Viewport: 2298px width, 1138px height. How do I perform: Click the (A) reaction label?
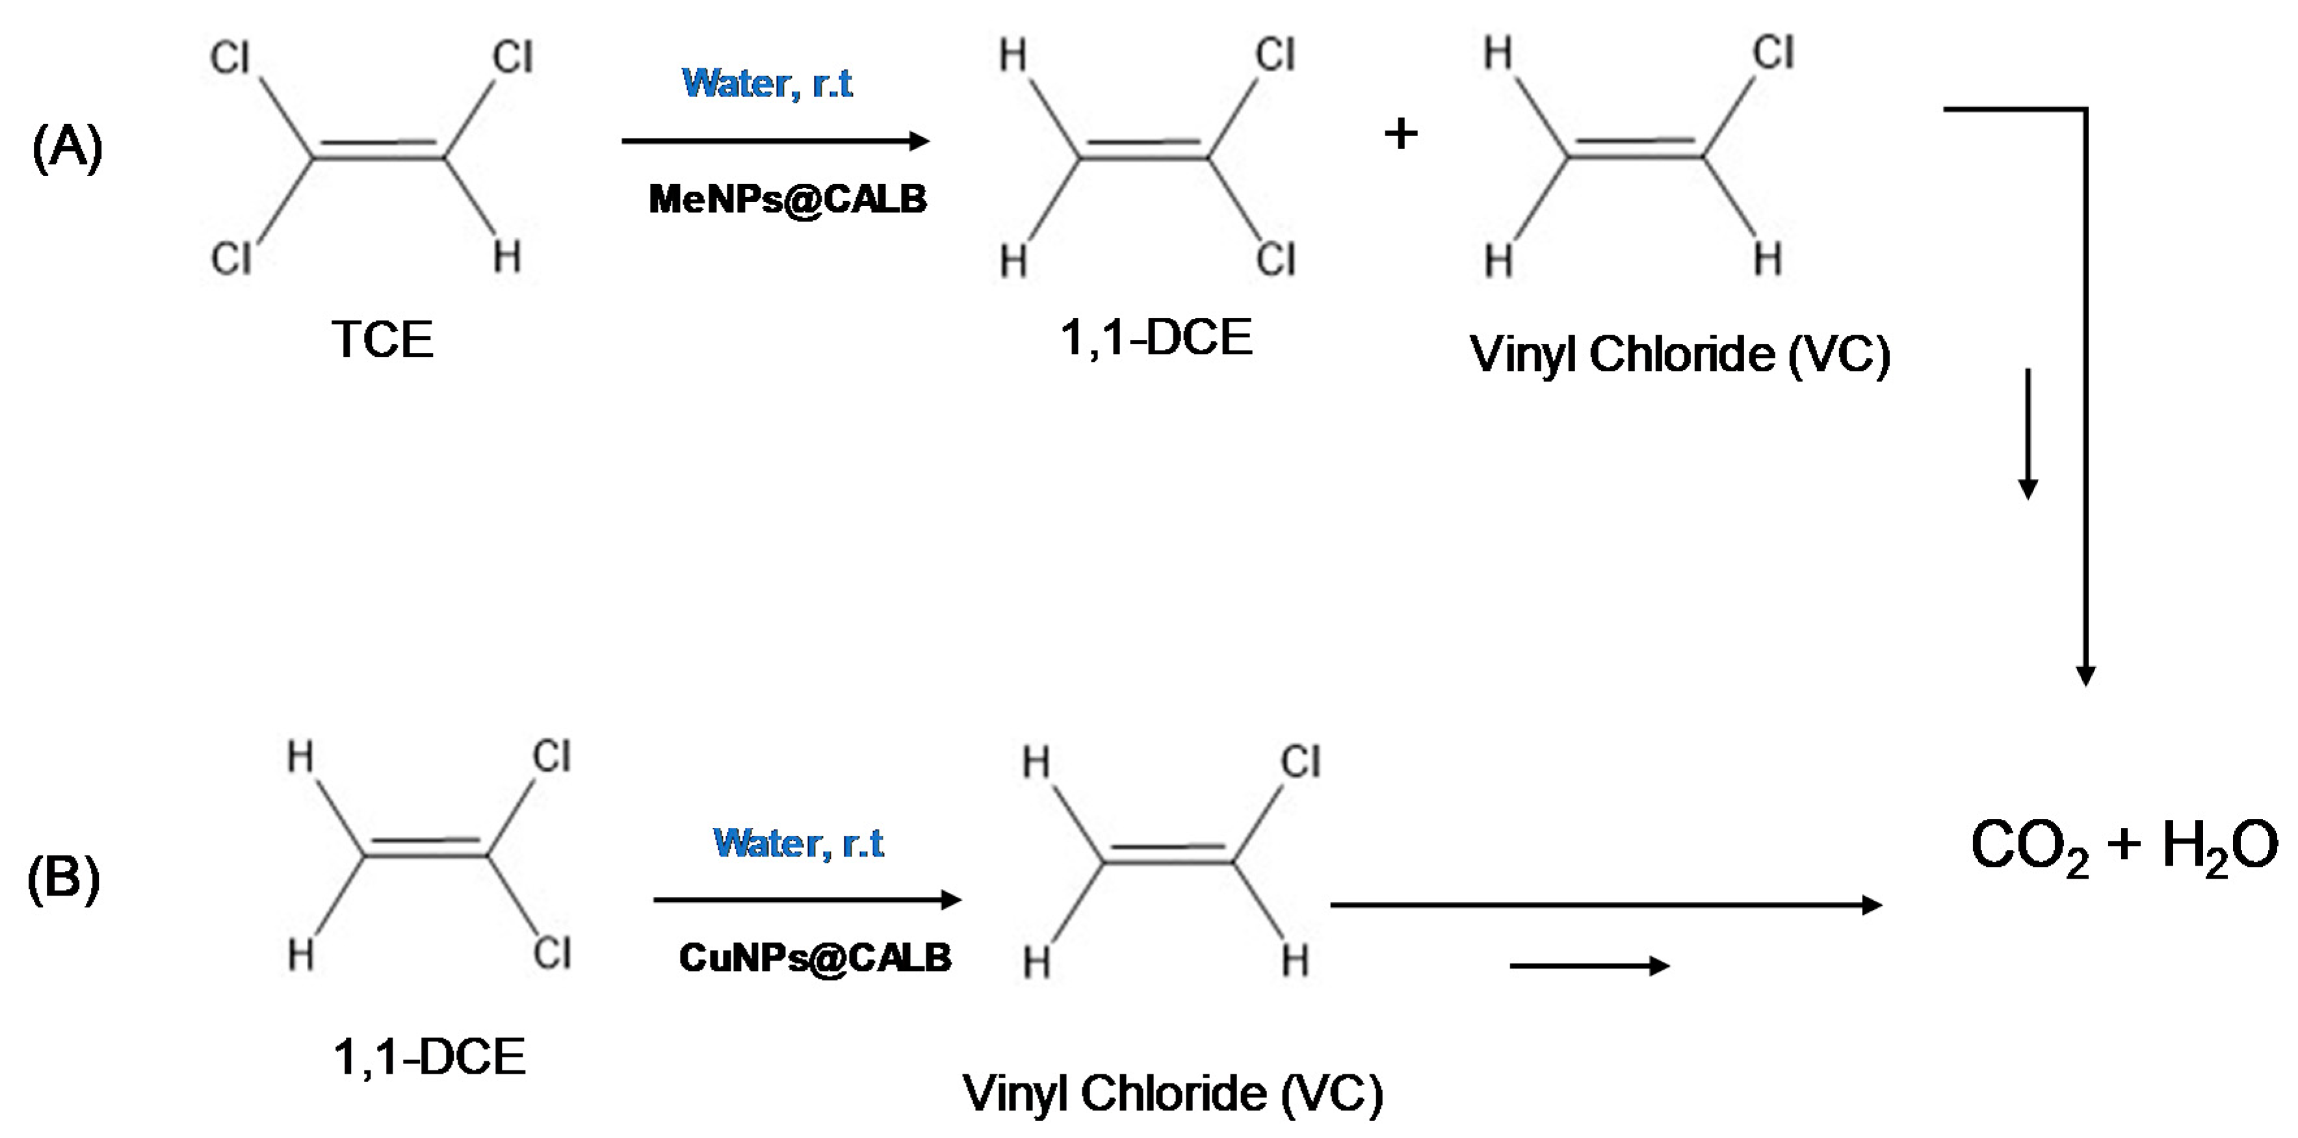coord(67,147)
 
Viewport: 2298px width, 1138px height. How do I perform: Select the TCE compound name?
coord(382,340)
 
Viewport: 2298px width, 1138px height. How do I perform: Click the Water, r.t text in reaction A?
coord(767,84)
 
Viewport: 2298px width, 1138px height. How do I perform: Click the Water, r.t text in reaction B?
coord(798,843)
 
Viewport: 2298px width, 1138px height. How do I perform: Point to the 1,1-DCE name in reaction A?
coord(1156,338)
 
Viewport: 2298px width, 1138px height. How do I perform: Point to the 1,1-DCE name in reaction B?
coord(429,1057)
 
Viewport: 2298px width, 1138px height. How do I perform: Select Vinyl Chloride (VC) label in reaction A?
coord(1680,355)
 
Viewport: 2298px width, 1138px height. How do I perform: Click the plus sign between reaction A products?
coord(1400,135)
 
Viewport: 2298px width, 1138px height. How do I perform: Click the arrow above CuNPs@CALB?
coord(807,900)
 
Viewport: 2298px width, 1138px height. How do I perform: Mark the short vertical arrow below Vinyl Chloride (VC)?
coord(2028,433)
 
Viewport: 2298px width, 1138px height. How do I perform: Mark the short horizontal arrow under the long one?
coord(1589,966)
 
